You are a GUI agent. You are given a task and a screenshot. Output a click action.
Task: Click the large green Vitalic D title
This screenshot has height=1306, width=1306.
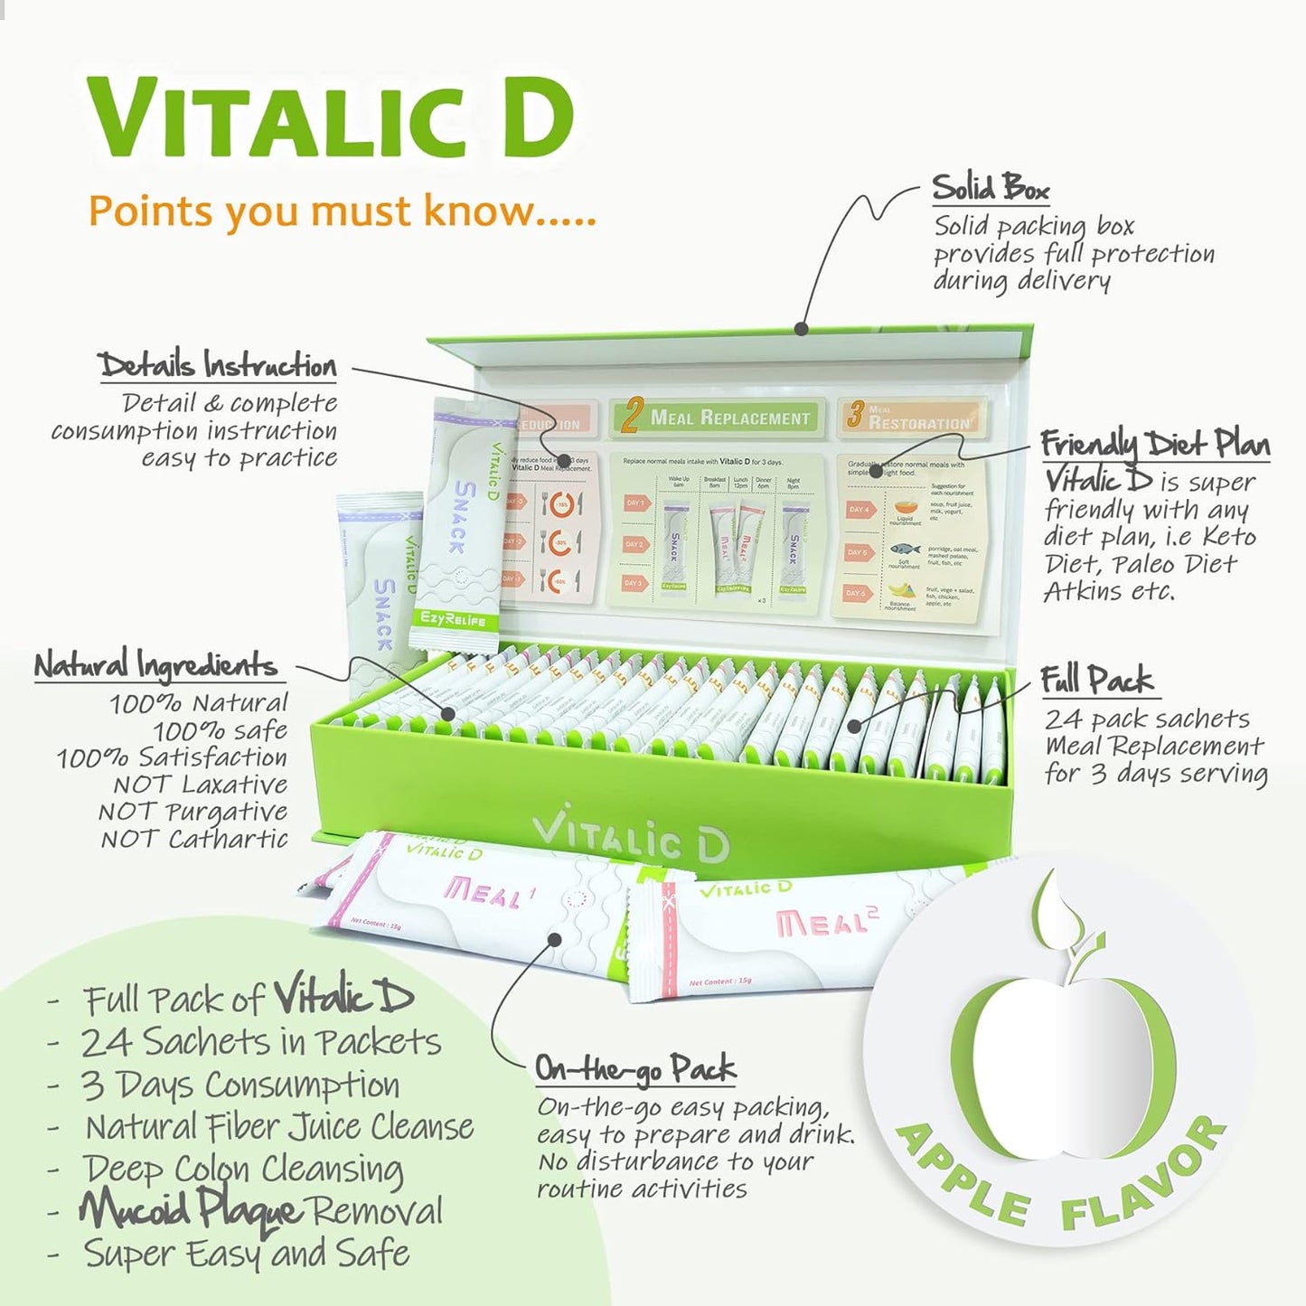[x=331, y=118]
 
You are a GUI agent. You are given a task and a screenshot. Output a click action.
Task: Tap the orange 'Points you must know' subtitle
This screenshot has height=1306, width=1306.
[x=342, y=211]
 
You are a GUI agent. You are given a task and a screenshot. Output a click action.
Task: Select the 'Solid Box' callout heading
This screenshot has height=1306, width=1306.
[x=991, y=188]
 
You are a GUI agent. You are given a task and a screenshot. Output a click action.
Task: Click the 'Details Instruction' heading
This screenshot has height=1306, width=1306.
[x=217, y=365]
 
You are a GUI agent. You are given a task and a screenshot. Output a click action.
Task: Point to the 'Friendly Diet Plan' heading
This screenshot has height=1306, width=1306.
[x=1154, y=444]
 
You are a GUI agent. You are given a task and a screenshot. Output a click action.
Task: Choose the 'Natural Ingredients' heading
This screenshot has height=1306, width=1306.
[x=155, y=665]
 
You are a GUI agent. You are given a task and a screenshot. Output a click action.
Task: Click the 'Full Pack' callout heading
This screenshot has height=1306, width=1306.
[x=1096, y=680]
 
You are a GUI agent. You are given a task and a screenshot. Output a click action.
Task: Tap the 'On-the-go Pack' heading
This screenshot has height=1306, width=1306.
[x=635, y=1068]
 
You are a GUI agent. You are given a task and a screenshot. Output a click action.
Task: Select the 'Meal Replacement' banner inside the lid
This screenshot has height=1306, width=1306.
[x=718, y=418]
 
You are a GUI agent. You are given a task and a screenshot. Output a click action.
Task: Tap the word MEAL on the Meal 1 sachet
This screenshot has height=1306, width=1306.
[x=482, y=893]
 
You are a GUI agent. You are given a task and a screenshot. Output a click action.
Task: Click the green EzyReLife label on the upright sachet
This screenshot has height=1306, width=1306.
[x=453, y=620]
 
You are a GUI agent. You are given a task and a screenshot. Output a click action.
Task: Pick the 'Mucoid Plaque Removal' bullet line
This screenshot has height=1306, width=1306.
[x=262, y=1210]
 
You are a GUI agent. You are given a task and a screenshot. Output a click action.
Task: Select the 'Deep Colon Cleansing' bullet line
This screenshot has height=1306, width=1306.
[x=243, y=1168]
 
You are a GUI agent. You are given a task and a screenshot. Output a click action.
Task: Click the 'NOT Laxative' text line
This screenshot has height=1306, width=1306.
[x=200, y=784]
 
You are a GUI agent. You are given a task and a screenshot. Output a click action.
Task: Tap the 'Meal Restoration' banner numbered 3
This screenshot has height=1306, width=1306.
[x=911, y=418]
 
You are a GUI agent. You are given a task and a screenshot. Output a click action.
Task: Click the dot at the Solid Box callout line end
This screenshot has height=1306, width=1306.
[x=801, y=329]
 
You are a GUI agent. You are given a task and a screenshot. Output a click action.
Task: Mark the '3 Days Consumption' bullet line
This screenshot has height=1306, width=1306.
[x=240, y=1085]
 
